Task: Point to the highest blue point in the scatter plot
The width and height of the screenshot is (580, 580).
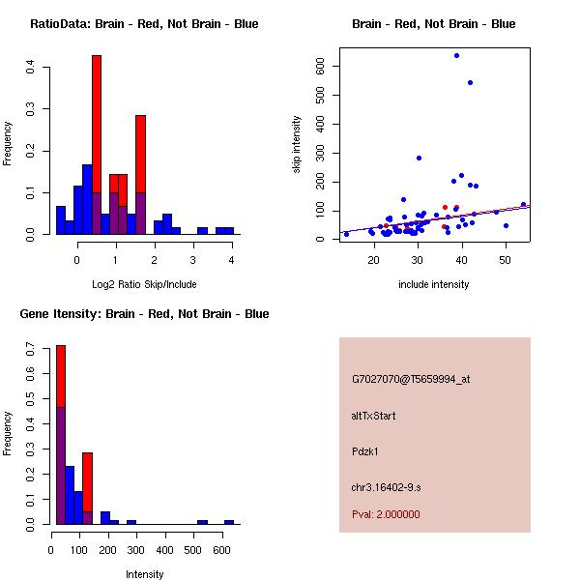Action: (456, 55)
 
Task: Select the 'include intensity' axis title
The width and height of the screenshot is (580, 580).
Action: (434, 284)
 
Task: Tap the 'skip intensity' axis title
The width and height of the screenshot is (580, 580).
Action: (298, 145)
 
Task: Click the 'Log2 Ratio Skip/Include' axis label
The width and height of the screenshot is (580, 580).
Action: (143, 284)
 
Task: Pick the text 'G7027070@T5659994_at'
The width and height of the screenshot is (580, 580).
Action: (411, 380)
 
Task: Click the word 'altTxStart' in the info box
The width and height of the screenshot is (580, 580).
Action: (374, 416)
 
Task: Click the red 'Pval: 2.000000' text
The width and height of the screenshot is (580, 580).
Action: (386, 514)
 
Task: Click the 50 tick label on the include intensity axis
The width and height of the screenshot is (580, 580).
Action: (505, 259)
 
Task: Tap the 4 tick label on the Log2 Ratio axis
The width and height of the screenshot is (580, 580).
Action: (232, 259)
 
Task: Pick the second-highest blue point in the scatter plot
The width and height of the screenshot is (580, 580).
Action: (470, 82)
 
